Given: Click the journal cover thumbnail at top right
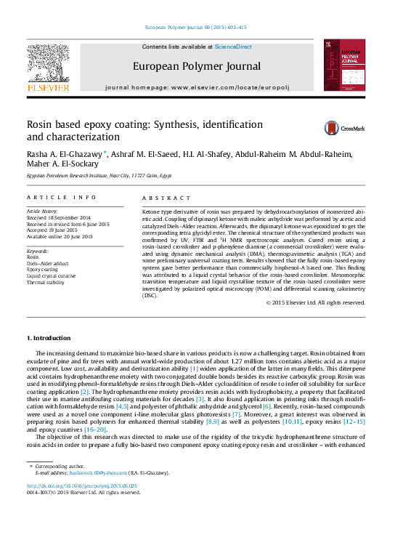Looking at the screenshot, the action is click(340, 65).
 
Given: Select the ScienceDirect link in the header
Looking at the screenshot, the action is click(233, 47).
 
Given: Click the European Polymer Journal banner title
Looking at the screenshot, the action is click(196, 67).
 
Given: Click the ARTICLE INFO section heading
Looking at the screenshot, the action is click(61, 198).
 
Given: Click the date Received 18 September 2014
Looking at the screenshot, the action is click(59, 217).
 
